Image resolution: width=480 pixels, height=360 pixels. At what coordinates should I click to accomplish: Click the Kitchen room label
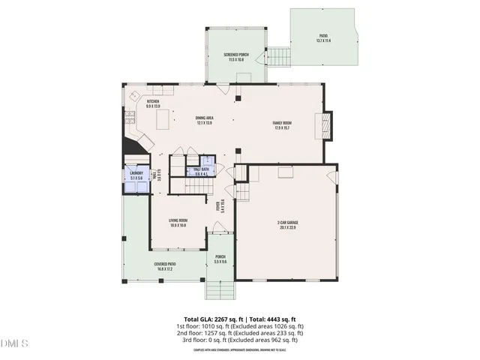pos(153,103)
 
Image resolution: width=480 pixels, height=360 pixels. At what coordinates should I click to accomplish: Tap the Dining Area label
pos(204,120)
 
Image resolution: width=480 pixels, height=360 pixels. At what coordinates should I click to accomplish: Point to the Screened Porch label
pos(235,57)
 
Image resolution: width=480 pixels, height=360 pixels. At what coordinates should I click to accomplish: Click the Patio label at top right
pos(323,37)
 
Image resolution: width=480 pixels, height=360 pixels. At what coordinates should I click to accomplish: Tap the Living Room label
pos(178,223)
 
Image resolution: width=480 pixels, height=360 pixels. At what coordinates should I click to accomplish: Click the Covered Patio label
pos(165,265)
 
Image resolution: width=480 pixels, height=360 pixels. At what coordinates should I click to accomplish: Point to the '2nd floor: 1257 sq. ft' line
pos(239,334)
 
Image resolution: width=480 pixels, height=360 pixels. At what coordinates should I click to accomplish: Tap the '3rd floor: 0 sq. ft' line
pos(239,341)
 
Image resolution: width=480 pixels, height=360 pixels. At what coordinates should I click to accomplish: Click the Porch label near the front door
pos(220,259)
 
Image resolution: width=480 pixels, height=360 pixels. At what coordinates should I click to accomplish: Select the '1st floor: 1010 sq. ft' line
pos(239,327)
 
